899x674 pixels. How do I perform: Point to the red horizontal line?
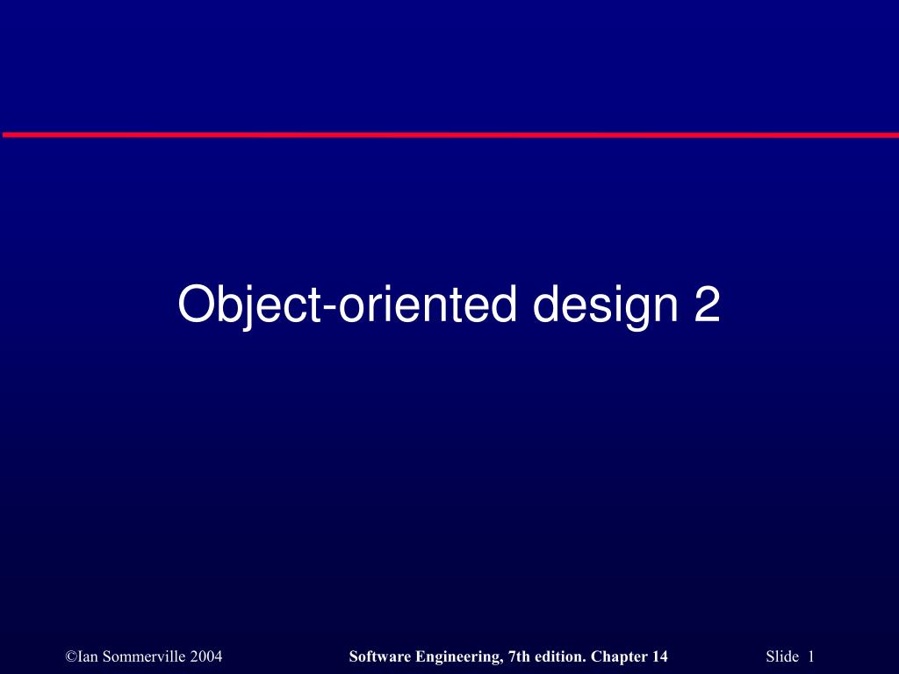click(449, 134)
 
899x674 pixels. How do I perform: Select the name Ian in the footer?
click(86, 656)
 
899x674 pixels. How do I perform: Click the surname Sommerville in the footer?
click(140, 656)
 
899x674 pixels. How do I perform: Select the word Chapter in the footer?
click(620, 656)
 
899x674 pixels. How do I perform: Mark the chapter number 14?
click(660, 656)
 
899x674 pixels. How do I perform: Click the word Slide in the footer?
click(782, 656)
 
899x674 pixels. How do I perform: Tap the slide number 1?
click(812, 656)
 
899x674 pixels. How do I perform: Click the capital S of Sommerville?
click(105, 656)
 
